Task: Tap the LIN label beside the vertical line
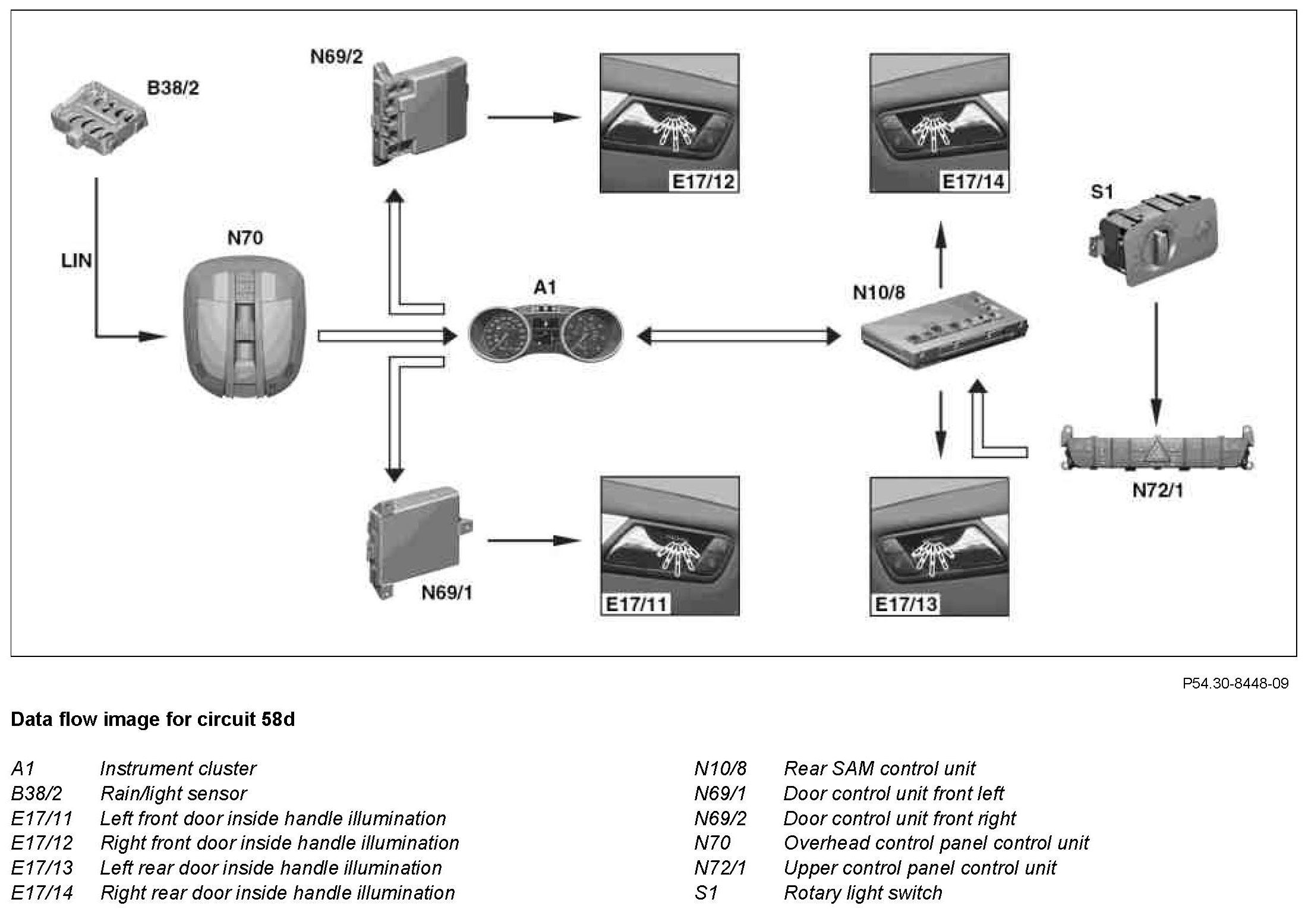77,260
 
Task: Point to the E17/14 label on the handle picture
973,181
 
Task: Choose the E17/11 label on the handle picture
636,605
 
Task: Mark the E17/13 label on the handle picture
906,605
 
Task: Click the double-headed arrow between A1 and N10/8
739,337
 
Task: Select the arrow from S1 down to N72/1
1156,363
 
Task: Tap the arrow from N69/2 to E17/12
534,117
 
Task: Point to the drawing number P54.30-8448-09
1235,684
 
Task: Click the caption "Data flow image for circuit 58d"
153,719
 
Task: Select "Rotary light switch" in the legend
863,893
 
